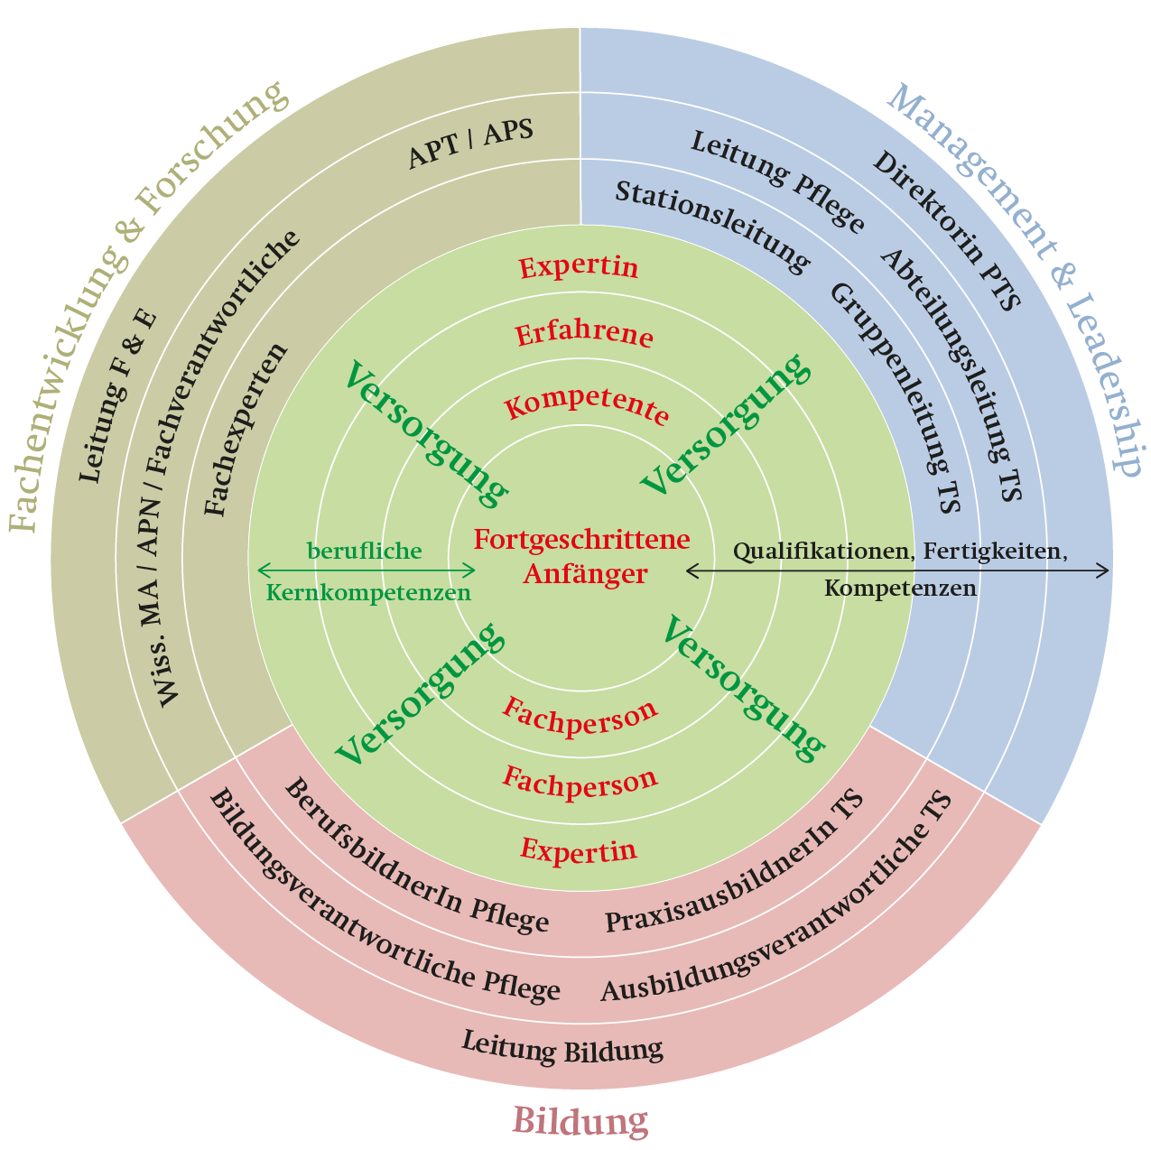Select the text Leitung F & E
[118, 397]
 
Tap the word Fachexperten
[245, 430]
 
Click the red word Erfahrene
[584, 335]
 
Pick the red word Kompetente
[587, 406]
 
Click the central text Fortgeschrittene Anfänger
[582, 556]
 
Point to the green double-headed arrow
[367, 570]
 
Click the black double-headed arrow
[897, 570]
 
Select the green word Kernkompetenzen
[368, 593]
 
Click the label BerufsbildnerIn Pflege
[416, 854]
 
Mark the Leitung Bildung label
[562, 1047]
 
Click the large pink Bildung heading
[580, 1121]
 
